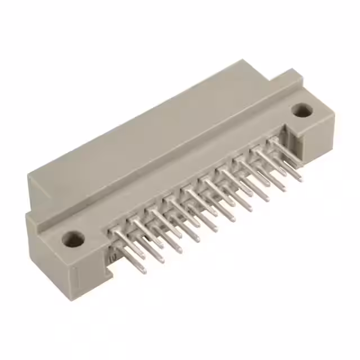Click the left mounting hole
pyautogui.click(x=73, y=239)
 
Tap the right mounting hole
pyautogui.click(x=303, y=110)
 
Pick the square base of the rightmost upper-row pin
pyautogui.click(x=273, y=140)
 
